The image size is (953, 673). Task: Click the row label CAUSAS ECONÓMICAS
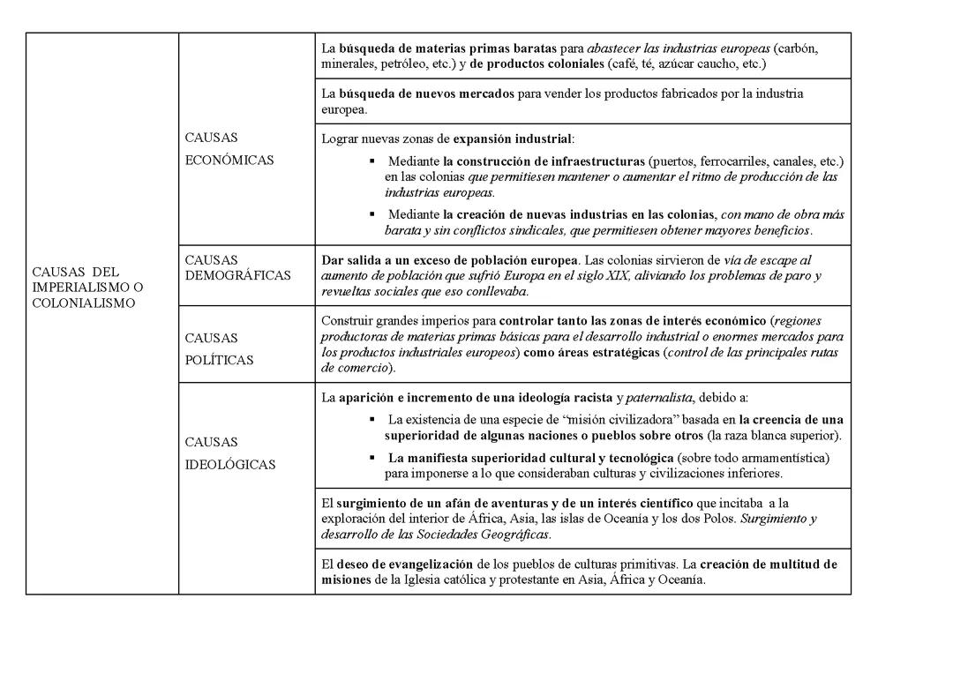coord(229,149)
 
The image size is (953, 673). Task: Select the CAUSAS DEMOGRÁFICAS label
coord(237,267)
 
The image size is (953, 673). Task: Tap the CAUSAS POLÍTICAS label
coord(220,348)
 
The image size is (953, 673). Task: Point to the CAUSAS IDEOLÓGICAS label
coord(230,453)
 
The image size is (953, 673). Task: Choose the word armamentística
coord(784,458)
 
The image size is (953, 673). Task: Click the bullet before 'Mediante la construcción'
coord(372,161)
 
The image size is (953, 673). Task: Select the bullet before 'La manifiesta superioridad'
coord(372,458)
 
